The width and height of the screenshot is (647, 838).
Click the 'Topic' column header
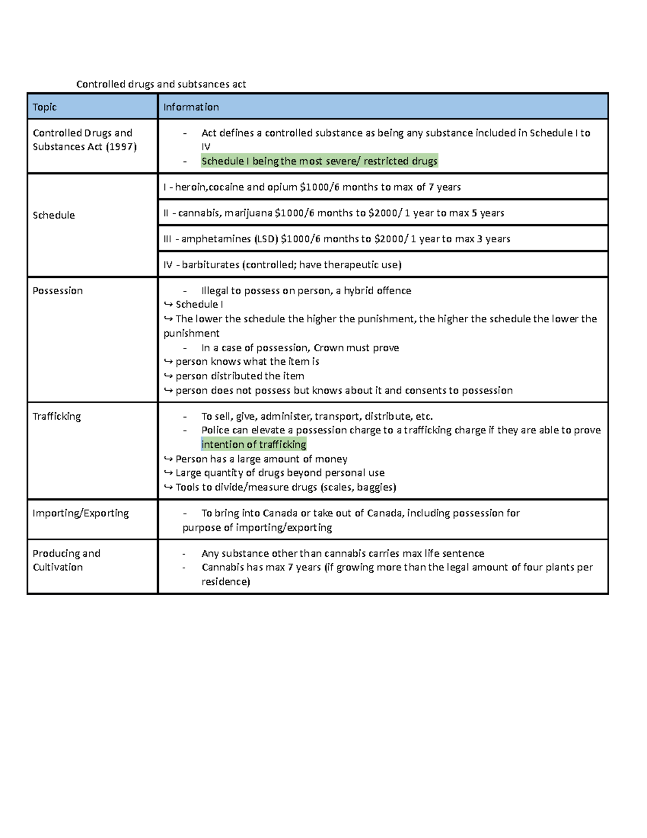[x=44, y=107]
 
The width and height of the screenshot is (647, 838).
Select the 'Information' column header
[x=191, y=107]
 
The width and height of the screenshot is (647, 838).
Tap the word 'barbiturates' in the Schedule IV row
[x=210, y=264]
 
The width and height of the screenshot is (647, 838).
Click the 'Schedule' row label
[x=53, y=215]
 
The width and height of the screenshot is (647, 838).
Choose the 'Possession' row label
[x=58, y=290]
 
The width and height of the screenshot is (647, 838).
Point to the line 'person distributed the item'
[x=239, y=376]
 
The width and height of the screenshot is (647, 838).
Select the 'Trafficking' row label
[x=57, y=416]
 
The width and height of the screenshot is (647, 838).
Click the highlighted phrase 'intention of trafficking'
[x=253, y=444]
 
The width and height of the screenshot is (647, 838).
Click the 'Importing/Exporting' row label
[x=80, y=513]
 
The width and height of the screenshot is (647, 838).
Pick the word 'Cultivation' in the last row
[x=58, y=567]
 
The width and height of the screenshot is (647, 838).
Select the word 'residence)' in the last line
[x=225, y=581]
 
